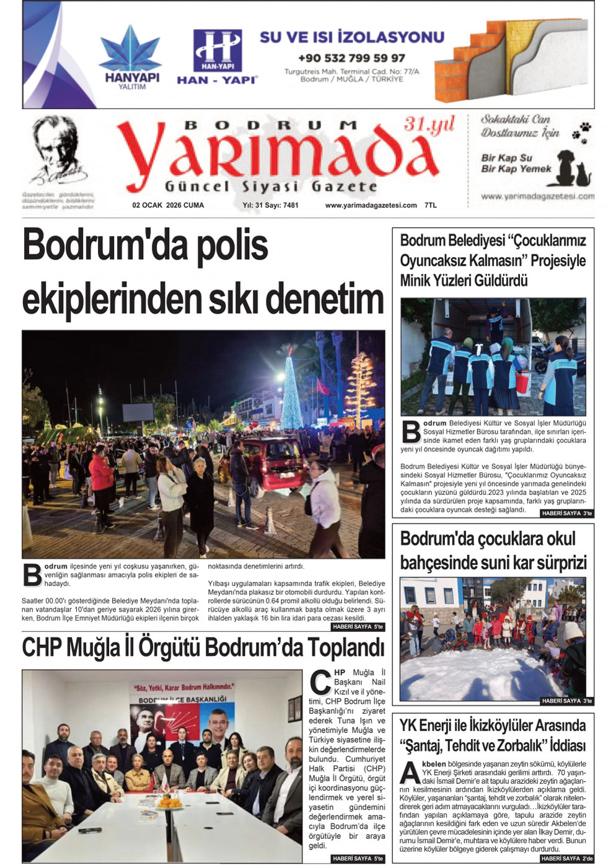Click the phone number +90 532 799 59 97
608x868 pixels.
pyautogui.click(x=351, y=58)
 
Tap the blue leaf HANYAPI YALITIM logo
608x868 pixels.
pyautogui.click(x=131, y=52)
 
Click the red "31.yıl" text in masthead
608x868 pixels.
pyautogui.click(x=429, y=124)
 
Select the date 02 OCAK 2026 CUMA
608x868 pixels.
pyautogui.click(x=168, y=205)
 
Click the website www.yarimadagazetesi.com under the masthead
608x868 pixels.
pyautogui.click(x=371, y=205)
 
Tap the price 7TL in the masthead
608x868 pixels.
pyautogui.click(x=431, y=205)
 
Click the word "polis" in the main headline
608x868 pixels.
pyautogui.click(x=232, y=245)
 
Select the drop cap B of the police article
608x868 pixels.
pyautogui.click(x=32, y=575)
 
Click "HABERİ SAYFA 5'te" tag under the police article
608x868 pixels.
pyautogui.click(x=358, y=627)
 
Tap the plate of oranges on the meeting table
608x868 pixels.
pyautogui.click(x=169, y=802)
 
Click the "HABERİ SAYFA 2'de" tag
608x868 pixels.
pyautogui.click(x=566, y=859)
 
